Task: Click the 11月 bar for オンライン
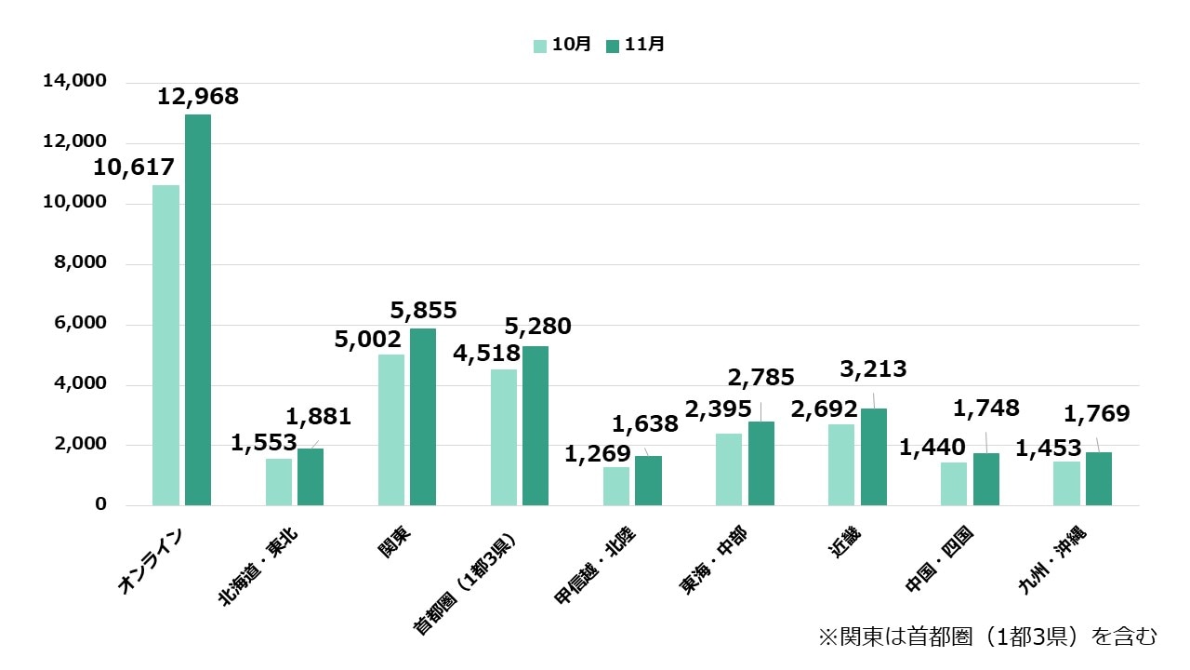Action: click(198, 310)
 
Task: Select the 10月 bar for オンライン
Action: click(166, 345)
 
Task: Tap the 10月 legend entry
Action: click(562, 45)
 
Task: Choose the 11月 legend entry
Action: click(634, 45)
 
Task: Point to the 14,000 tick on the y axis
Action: click(75, 82)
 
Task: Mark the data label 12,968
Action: click(198, 96)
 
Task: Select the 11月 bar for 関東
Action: click(423, 417)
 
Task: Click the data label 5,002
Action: click(368, 340)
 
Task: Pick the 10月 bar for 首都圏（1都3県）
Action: click(504, 437)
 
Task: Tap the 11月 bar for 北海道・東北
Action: click(311, 477)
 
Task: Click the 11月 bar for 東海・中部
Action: click(760, 463)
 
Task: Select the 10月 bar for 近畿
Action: click(841, 465)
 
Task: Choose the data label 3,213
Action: click(873, 370)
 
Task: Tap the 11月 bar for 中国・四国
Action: click(985, 479)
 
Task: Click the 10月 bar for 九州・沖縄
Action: click(1067, 484)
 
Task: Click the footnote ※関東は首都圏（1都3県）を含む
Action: click(987, 636)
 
